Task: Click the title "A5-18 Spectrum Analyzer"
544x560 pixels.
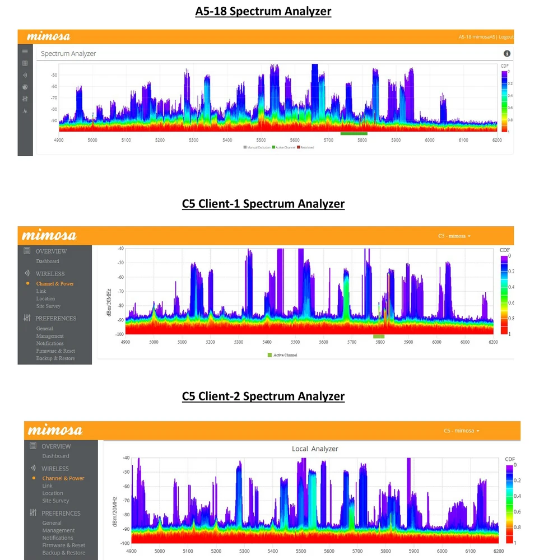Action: (x=263, y=12)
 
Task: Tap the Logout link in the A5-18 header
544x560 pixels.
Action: (x=506, y=37)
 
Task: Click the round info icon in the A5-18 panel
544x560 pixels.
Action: (x=507, y=54)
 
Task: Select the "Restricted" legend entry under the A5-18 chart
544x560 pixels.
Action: (x=306, y=147)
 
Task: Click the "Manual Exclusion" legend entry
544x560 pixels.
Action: (x=257, y=147)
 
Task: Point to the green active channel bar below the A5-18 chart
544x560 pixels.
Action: (x=354, y=133)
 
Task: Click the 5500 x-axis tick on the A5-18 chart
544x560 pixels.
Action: (x=261, y=140)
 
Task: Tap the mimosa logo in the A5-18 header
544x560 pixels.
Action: (x=49, y=37)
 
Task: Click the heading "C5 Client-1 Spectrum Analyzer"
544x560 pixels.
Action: (x=263, y=204)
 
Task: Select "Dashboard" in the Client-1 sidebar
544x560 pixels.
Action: (x=48, y=262)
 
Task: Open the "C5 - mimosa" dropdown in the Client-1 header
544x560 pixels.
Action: (x=454, y=236)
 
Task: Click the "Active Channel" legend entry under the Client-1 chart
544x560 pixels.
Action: (x=285, y=355)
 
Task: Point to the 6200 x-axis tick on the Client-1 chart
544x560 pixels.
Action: (x=493, y=342)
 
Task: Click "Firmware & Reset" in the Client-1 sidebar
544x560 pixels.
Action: (x=55, y=351)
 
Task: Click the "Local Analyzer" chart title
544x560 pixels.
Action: (x=315, y=449)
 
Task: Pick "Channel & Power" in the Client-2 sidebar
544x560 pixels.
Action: (x=63, y=478)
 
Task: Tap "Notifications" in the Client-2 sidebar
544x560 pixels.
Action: (x=58, y=538)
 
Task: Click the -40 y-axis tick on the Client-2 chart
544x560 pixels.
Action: (x=125, y=458)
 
